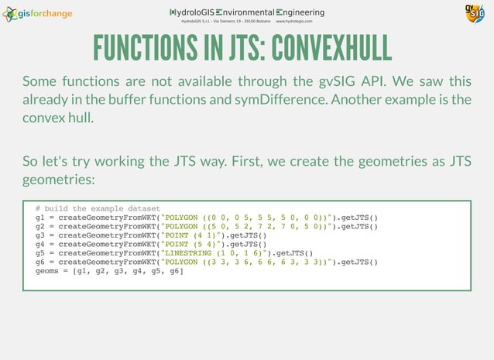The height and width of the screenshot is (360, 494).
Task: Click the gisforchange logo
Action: pos(38,13)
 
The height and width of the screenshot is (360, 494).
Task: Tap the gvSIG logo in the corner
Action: pos(474,14)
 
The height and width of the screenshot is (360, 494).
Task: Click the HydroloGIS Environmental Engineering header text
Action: pos(247,12)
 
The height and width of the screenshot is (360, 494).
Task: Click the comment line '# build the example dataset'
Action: pos(98,209)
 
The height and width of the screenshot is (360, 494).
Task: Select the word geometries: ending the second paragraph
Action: pos(58,179)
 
